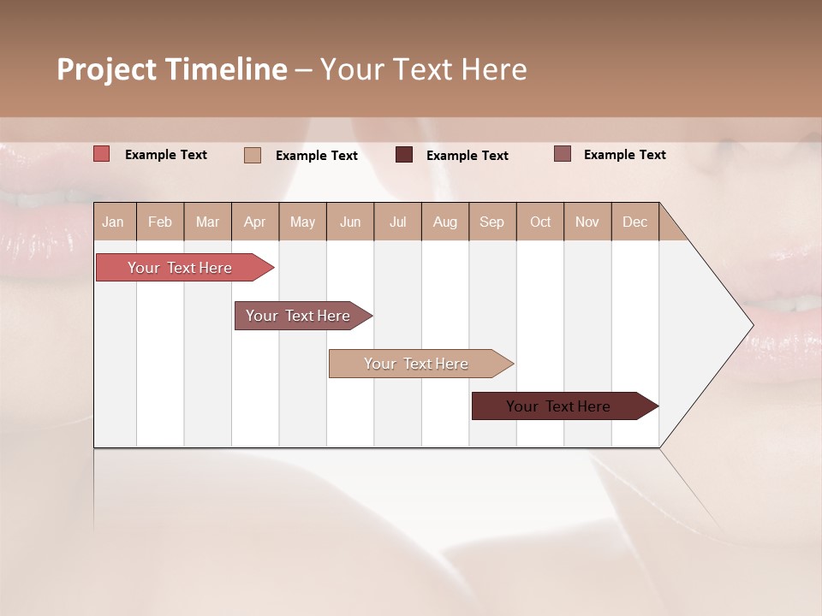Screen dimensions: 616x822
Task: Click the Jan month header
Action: (113, 222)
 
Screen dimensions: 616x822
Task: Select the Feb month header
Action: (160, 222)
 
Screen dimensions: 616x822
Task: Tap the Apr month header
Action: (254, 222)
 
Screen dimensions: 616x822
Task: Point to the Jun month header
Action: (350, 222)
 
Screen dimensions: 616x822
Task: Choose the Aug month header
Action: (444, 222)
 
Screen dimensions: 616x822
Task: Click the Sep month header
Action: (491, 222)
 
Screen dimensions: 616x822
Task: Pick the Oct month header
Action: (540, 222)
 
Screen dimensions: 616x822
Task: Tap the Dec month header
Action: (634, 222)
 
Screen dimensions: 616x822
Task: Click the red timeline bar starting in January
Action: (180, 268)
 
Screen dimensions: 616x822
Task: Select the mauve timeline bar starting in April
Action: (298, 316)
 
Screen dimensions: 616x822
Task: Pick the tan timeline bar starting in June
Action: (416, 364)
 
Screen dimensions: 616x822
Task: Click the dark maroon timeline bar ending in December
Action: (558, 406)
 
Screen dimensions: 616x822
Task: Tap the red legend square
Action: (102, 154)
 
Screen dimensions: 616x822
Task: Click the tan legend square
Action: (253, 155)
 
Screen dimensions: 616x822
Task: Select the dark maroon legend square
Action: (404, 155)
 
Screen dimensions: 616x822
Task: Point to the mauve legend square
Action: (563, 154)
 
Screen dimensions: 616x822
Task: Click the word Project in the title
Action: (106, 69)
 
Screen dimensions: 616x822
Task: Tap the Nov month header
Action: (587, 222)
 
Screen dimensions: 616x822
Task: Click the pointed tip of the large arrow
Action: (751, 325)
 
